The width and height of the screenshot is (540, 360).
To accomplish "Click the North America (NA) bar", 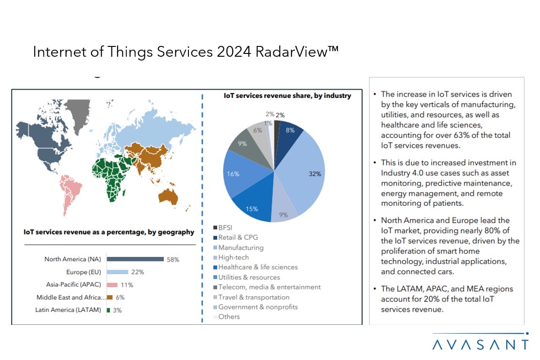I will pyautogui.click(x=135, y=259).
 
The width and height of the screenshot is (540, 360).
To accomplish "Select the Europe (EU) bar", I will pyautogui.click(x=117, y=272).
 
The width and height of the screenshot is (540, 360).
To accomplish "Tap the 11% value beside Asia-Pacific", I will pyautogui.click(x=127, y=285).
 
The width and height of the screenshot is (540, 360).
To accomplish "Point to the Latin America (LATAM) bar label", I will pyautogui.click(x=68, y=310).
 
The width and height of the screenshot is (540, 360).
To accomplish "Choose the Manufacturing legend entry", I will pyautogui.click(x=240, y=247).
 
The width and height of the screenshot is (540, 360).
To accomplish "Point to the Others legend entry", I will pyautogui.click(x=229, y=316).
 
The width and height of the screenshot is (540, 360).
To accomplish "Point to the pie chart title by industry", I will pyautogui.click(x=287, y=96).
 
